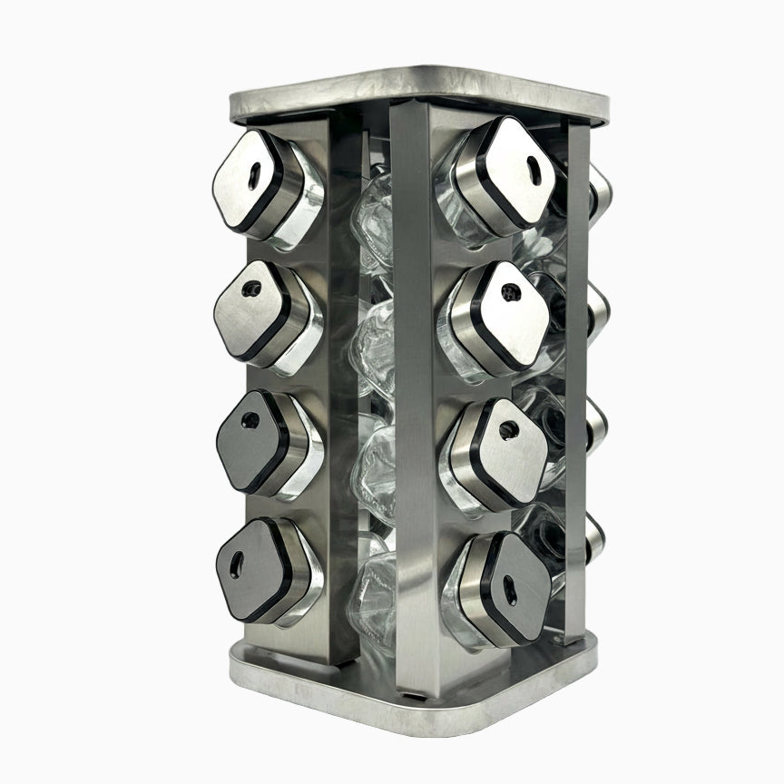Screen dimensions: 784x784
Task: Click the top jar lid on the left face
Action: tap(244, 179)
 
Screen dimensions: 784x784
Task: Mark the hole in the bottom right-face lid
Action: tap(510, 594)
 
